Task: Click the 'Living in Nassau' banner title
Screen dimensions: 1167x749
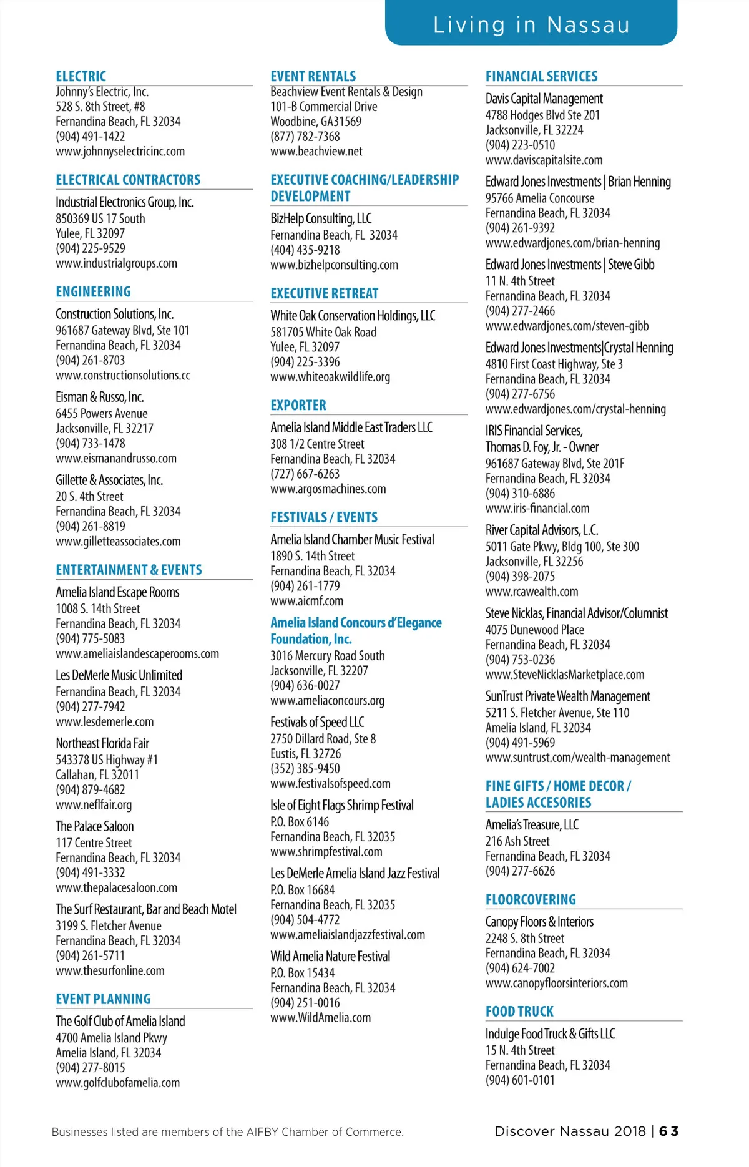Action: click(531, 25)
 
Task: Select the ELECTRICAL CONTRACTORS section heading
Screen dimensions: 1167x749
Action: click(128, 180)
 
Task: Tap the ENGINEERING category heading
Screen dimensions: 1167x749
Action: click(93, 291)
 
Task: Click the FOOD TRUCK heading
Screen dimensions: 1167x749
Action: click(519, 1011)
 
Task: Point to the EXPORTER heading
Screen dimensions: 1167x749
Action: click(298, 405)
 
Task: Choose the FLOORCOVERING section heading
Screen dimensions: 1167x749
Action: click(531, 899)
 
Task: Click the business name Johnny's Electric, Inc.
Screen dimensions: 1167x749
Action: click(102, 92)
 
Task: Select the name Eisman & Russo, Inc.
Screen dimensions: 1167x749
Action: click(100, 397)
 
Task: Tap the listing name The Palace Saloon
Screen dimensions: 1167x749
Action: click(95, 826)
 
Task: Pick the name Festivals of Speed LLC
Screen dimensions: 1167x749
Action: click(317, 722)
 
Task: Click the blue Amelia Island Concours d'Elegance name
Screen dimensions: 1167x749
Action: click(356, 623)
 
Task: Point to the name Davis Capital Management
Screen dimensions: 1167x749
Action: click(544, 99)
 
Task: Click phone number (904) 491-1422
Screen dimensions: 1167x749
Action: click(91, 137)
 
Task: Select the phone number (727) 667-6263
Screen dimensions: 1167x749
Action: click(305, 474)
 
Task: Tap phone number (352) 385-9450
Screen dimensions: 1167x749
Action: click(305, 769)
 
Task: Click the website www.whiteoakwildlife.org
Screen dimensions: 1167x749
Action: click(330, 377)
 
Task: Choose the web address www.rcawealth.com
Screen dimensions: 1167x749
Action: click(532, 592)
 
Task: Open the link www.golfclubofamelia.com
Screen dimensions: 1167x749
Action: click(117, 1083)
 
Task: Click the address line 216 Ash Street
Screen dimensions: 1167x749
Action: click(517, 841)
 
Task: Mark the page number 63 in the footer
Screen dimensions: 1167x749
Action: click(668, 1131)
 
